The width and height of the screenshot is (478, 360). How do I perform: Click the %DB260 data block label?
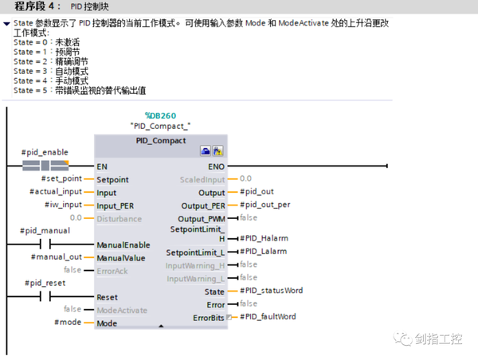pyautogui.click(x=160, y=115)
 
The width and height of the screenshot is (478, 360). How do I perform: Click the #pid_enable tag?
pyautogui.click(x=45, y=152)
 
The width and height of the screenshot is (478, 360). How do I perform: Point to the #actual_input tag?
pyautogui.click(x=56, y=192)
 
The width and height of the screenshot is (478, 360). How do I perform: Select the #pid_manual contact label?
pyautogui.click(x=45, y=231)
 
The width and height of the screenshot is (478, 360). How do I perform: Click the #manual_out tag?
pyautogui.click(x=56, y=257)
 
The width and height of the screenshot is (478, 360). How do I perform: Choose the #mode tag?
pyautogui.click(x=68, y=323)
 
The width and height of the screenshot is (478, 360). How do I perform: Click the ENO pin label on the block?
pyautogui.click(x=216, y=166)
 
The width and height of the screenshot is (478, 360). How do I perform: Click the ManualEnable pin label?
pyautogui.click(x=123, y=245)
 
